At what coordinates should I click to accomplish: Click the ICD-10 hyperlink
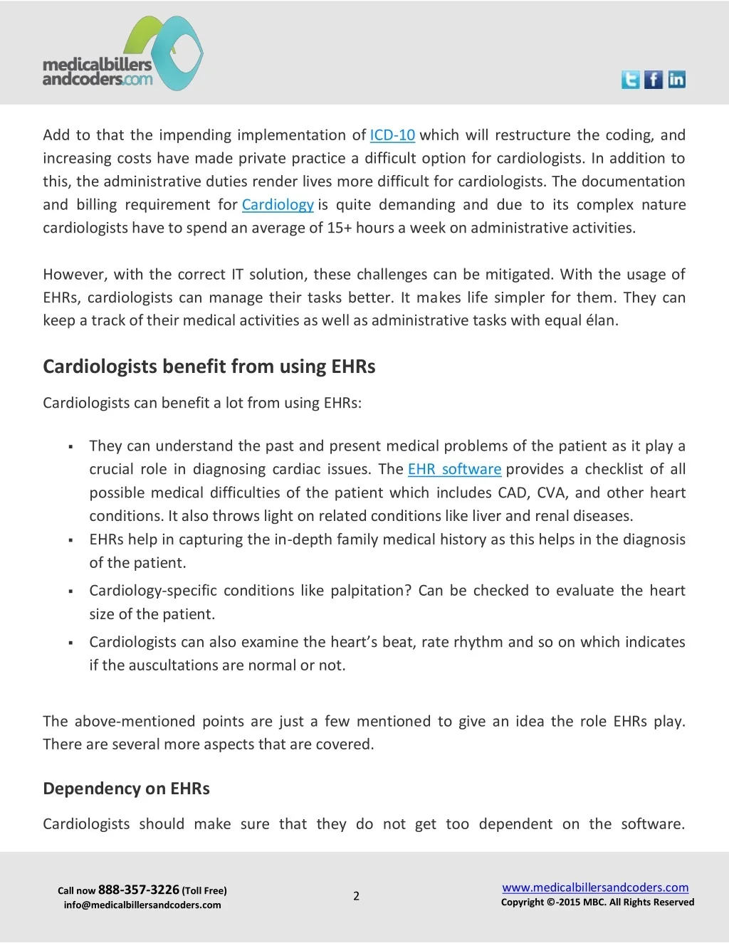392,135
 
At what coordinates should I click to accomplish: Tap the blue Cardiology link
278,205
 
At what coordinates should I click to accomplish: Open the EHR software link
454,470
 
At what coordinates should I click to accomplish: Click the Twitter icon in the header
630,80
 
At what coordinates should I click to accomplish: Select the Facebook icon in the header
653,80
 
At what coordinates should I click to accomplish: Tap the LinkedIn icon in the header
676,80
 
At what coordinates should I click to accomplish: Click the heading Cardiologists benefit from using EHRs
209,367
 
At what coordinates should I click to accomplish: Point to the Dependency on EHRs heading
126,789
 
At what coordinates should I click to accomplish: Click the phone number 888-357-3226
139,890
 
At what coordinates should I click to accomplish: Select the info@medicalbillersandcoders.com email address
142,905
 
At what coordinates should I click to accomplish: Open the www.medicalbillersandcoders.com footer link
595,887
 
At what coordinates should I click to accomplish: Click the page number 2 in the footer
357,896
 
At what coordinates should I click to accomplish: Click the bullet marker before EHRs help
71,540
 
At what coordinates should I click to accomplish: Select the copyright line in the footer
597,902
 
